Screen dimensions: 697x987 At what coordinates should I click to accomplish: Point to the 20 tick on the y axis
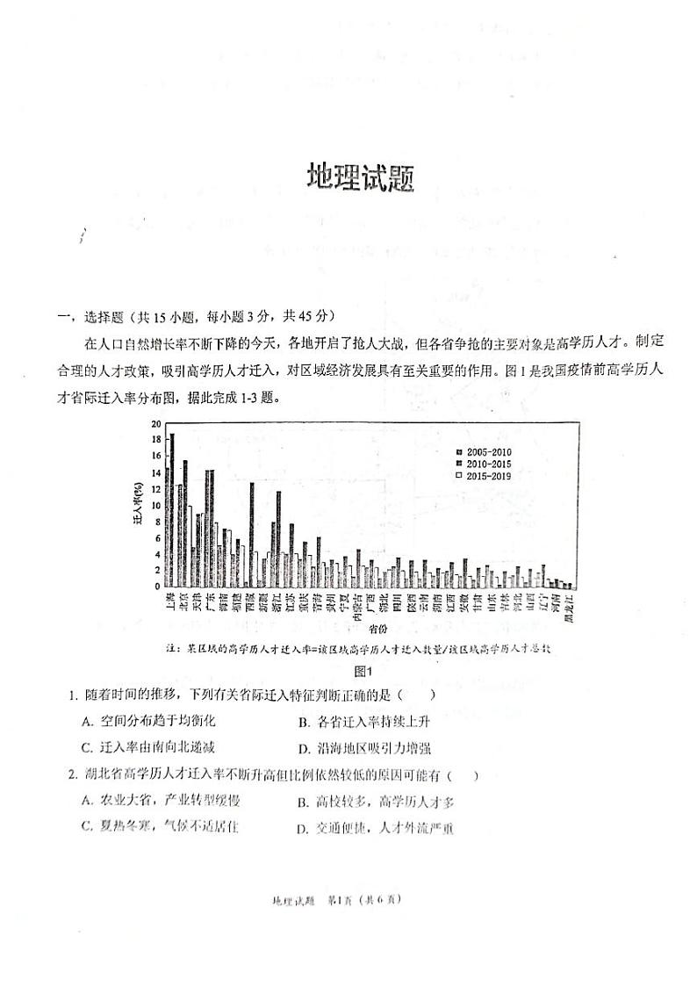coord(155,423)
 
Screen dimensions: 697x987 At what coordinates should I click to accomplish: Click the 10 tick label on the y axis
coord(155,506)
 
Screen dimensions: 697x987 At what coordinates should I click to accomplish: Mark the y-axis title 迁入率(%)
coord(138,504)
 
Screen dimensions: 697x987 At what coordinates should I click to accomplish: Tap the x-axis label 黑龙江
coord(568,607)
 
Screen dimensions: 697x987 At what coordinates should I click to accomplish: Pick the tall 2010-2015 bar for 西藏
coord(252,535)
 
